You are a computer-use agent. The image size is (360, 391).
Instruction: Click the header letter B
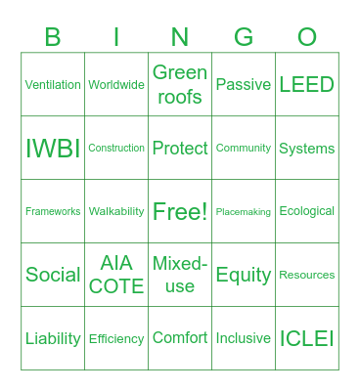pos(53,37)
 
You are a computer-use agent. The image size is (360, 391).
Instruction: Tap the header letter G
pos(244,37)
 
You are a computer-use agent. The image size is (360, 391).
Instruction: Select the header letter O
pos(307,37)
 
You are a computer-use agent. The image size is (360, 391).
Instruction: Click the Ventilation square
pos(53,85)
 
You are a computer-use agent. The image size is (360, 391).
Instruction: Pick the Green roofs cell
pos(180,85)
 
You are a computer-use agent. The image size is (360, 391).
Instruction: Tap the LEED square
pos(307,85)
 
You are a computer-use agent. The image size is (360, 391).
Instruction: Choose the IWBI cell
pos(53,149)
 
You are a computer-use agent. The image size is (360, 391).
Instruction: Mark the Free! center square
pos(180,212)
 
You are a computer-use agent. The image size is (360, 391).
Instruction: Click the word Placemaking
pos(244,212)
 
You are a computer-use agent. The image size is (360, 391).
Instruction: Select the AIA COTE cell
pos(116,275)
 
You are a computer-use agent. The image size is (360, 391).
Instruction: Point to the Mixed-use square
pos(180,275)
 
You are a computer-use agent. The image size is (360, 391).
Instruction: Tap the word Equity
pos(244,275)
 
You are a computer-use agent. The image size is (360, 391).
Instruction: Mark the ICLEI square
pos(307,338)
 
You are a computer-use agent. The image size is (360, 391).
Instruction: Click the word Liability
pos(53,338)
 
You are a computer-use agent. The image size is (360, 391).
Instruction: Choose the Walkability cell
pos(116,211)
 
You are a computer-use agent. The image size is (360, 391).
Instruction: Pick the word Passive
pos(244,85)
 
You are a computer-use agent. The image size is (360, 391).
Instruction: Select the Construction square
pos(116,149)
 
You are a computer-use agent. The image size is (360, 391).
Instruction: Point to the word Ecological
pos(307,211)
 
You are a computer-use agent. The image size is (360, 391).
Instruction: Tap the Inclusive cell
pos(244,338)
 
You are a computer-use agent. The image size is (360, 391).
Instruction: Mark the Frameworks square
pos(53,212)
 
